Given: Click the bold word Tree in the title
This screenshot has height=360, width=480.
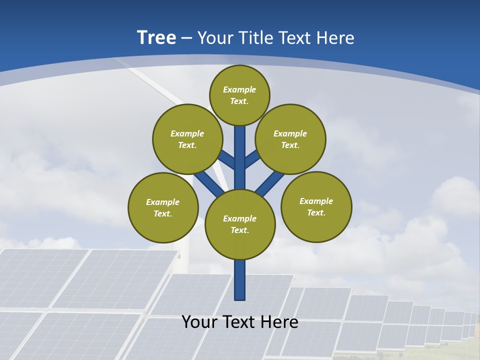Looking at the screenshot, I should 156,37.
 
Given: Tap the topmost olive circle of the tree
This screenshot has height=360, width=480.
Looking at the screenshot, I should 239,95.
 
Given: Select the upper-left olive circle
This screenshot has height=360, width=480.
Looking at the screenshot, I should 187,139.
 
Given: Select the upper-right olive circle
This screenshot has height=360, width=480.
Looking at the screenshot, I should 290,139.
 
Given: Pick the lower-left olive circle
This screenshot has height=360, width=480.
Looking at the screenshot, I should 163,207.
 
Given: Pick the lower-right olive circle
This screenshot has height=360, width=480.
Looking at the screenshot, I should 316,206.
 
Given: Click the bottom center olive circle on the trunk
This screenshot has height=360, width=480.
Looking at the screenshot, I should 240,224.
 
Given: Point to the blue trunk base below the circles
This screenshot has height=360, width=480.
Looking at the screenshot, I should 240,280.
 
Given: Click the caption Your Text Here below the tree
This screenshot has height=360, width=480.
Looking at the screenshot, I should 240,321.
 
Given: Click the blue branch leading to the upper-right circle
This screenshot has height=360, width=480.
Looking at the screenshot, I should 252,159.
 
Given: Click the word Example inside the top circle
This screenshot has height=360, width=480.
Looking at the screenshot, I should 239,89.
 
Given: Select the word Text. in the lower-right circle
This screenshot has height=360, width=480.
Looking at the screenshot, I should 316,212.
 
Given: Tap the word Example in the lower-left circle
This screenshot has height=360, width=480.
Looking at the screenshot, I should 163,202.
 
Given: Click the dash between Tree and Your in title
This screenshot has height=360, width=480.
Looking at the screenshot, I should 186,38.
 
